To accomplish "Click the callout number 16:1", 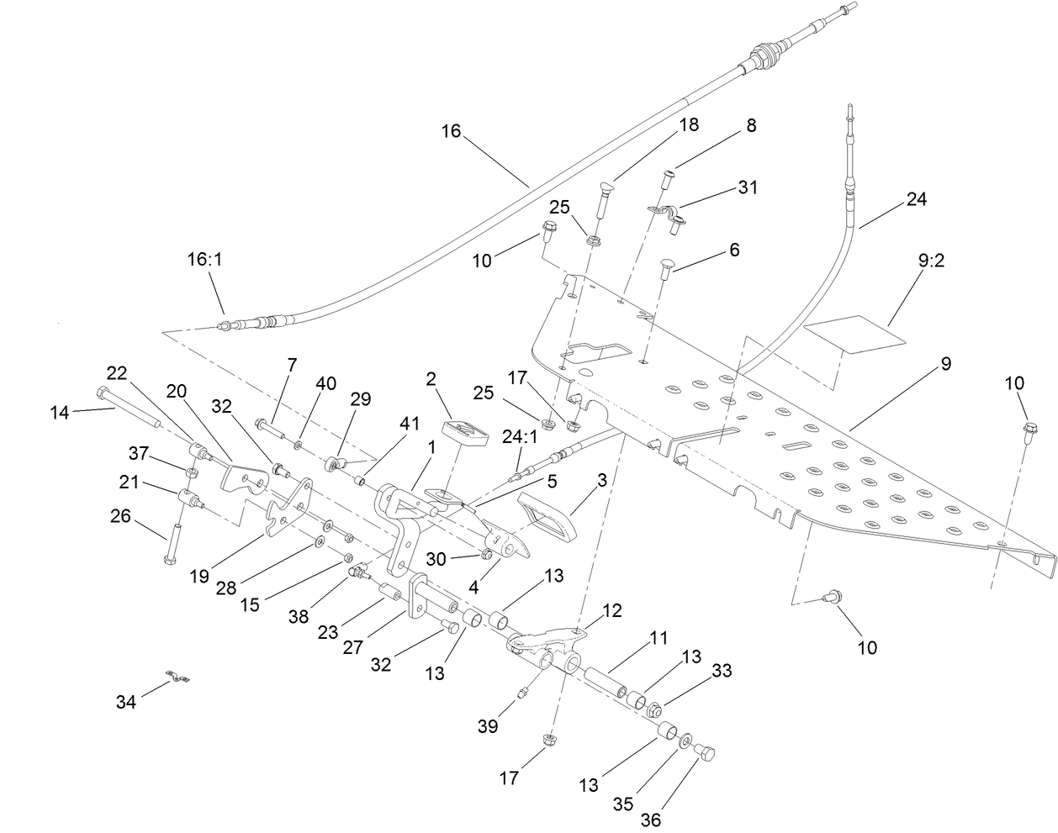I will (204, 261).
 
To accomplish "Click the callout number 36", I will (652, 819).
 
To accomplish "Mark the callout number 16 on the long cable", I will (452, 130).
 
